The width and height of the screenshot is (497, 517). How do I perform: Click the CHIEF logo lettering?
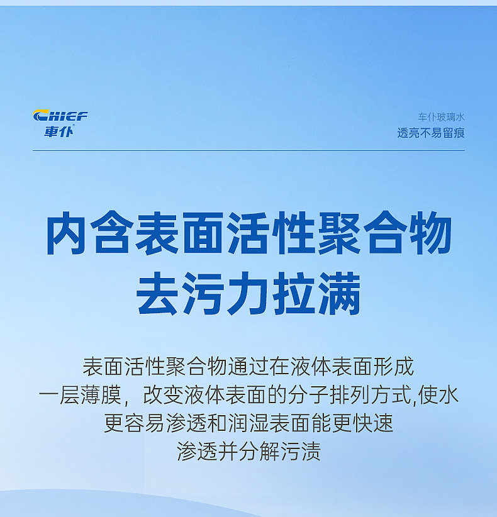pos(60,116)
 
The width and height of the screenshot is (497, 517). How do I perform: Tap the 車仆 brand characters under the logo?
pos(59,131)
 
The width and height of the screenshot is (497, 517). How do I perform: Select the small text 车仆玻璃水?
pos(441,117)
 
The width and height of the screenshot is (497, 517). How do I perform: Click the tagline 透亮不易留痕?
pos(431,133)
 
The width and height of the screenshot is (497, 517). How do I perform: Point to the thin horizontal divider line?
pos(248,150)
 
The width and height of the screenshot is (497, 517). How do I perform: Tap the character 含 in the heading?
pos(112,233)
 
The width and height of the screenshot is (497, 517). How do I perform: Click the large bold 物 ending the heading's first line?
pos(430,233)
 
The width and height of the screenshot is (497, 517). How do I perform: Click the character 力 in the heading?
pos(248,294)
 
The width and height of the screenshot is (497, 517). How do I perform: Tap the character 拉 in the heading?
pos(294,294)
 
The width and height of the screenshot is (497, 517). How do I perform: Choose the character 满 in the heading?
pos(340,294)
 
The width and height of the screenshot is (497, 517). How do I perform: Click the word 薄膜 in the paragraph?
pos(101,395)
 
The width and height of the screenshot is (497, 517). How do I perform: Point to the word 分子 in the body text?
pos(308,395)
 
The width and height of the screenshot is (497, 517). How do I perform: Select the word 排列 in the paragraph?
pos(350,395)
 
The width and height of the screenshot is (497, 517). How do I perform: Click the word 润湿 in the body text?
pos(248,423)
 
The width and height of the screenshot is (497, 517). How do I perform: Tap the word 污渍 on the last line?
pos(301,452)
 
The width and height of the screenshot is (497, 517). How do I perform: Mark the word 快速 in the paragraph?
pos(372,423)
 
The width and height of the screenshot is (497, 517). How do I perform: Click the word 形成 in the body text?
pos(393,366)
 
